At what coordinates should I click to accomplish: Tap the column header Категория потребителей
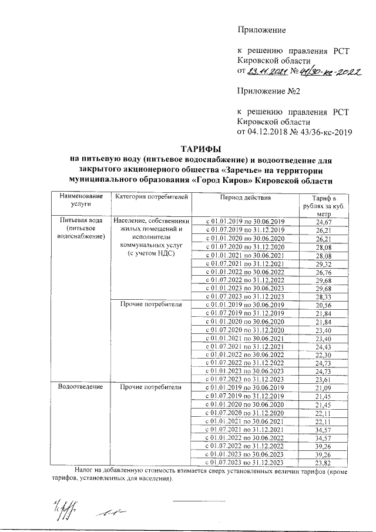[151, 197]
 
